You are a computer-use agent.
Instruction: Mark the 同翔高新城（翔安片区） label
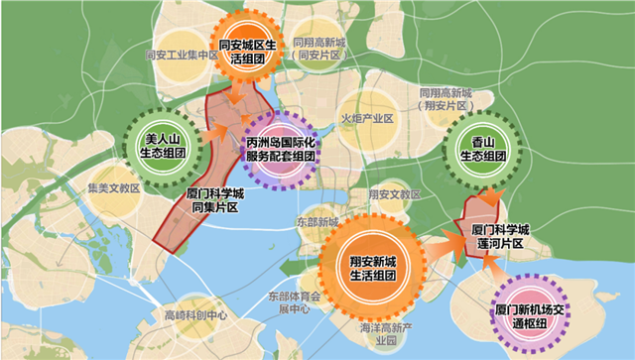tap(445, 97)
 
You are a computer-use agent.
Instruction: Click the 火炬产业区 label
tap(368, 118)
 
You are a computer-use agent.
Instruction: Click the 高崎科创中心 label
tap(196, 315)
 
